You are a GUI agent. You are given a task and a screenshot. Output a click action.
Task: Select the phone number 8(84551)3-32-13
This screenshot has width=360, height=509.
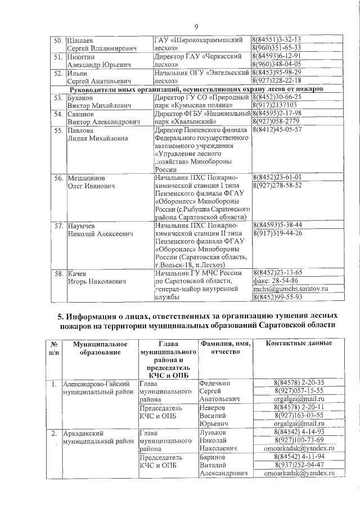point(277,40)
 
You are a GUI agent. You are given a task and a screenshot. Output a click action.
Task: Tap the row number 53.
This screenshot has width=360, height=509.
point(58,97)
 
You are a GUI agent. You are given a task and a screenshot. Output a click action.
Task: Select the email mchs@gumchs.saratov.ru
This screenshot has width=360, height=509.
point(290,289)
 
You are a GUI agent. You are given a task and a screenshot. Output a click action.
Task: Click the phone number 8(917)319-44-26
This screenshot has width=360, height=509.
point(277,233)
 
